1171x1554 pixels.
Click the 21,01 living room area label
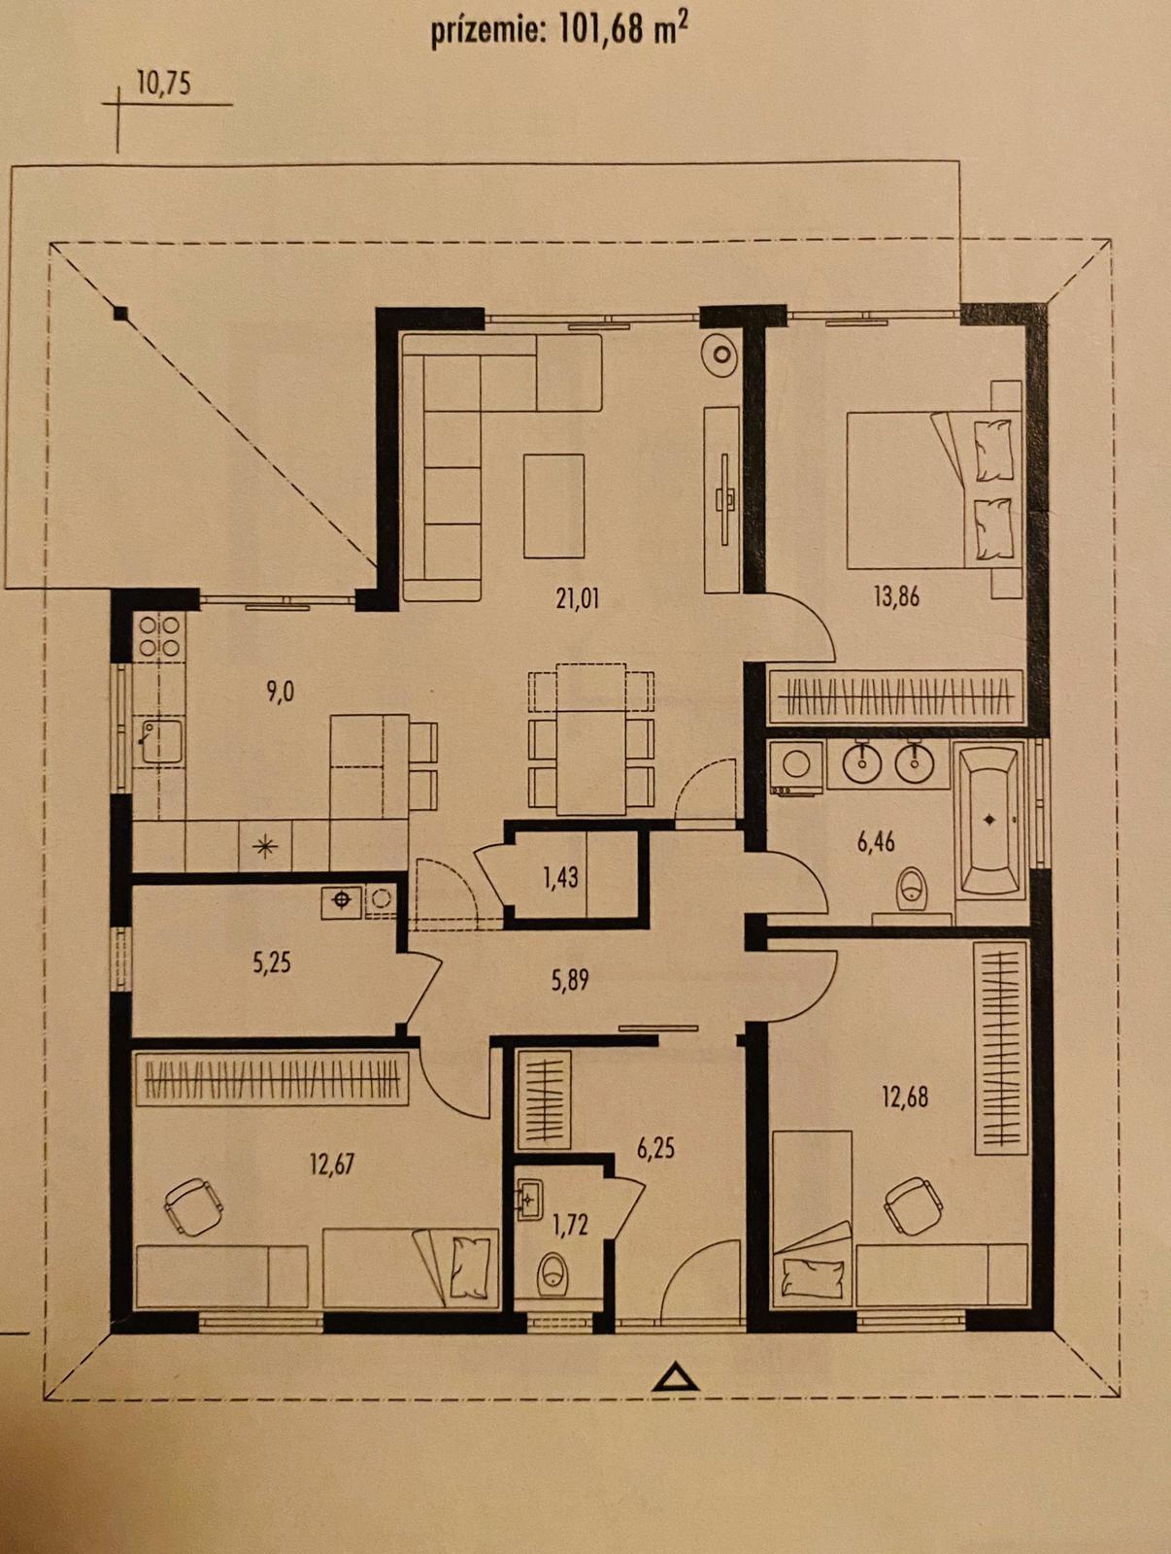pyautogui.click(x=578, y=599)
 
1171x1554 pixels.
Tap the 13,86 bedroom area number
pyautogui.click(x=896, y=596)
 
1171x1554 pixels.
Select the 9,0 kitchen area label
pyautogui.click(x=281, y=691)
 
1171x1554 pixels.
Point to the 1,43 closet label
pyautogui.click(x=560, y=878)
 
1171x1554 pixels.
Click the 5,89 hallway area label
pyautogui.click(x=570, y=981)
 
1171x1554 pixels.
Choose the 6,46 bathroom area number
pyautogui.click(x=876, y=842)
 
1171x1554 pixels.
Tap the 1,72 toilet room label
pyautogui.click(x=570, y=1225)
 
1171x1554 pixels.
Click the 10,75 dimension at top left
pyautogui.click(x=163, y=84)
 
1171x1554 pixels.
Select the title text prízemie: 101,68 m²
pyautogui.click(x=559, y=32)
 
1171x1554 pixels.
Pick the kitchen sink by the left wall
pyautogui.click(x=162, y=741)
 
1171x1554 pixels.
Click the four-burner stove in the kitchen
pyautogui.click(x=160, y=636)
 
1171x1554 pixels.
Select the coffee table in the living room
pyautogui.click(x=554, y=506)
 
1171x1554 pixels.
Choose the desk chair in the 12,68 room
pyautogui.click(x=914, y=1205)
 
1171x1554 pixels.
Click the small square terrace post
pyautogui.click(x=121, y=312)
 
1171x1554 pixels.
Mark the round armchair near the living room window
pyautogui.click(x=719, y=354)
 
